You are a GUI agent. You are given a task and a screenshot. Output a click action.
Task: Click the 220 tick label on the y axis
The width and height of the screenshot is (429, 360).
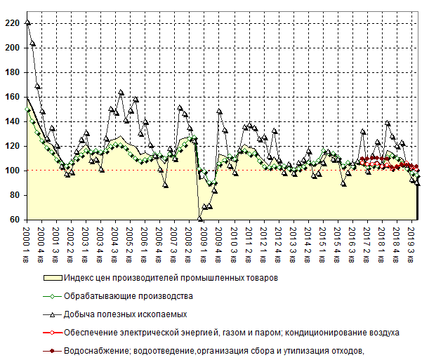click(x=12, y=23)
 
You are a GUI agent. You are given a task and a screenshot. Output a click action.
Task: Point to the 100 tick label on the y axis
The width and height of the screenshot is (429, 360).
click(x=12, y=171)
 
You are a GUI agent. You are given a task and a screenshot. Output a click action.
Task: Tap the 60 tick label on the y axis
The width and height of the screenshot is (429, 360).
click(x=14, y=220)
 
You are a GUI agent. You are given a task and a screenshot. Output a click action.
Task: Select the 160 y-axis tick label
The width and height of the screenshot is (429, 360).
click(x=12, y=97)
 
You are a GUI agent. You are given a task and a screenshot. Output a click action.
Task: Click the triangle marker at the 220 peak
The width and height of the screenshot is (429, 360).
click(x=27, y=22)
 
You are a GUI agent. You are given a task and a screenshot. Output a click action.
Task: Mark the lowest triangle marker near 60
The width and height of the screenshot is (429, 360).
click(x=201, y=218)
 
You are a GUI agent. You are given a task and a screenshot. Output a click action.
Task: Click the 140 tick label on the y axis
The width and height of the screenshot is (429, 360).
click(x=12, y=121)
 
